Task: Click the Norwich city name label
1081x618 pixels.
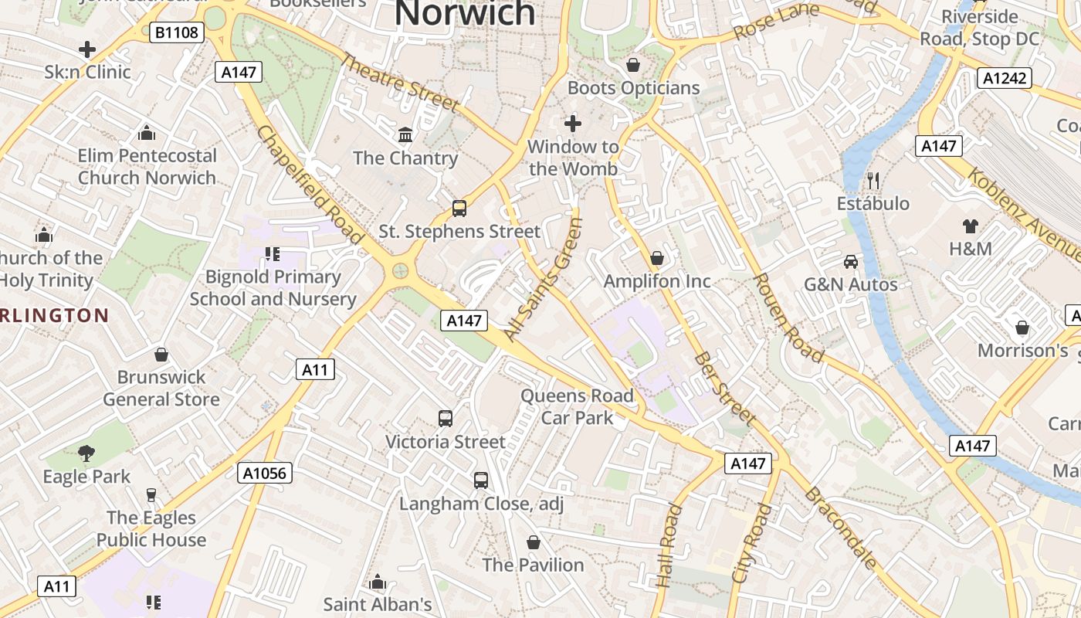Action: point(465,13)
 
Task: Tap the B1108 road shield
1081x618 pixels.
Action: point(177,32)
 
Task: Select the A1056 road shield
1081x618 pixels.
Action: point(265,473)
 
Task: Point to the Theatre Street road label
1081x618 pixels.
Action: point(399,82)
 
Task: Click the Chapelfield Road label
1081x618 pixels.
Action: point(309,185)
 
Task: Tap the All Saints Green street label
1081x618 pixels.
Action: point(543,279)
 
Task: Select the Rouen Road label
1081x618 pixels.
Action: point(788,317)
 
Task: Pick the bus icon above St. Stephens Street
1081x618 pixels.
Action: point(459,208)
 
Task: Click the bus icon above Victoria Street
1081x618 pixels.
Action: point(446,418)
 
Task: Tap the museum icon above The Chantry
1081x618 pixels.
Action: point(405,135)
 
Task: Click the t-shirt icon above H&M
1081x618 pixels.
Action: point(970,226)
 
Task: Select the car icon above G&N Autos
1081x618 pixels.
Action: point(850,261)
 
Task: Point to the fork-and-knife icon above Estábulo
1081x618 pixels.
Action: point(873,180)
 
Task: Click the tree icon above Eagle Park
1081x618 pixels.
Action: point(86,453)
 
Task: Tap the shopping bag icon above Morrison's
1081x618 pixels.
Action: point(1022,328)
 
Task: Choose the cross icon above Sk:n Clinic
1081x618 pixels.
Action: point(87,49)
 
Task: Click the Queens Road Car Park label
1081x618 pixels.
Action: point(577,407)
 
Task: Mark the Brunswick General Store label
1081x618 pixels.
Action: point(161,388)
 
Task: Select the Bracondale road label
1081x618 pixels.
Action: point(842,528)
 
